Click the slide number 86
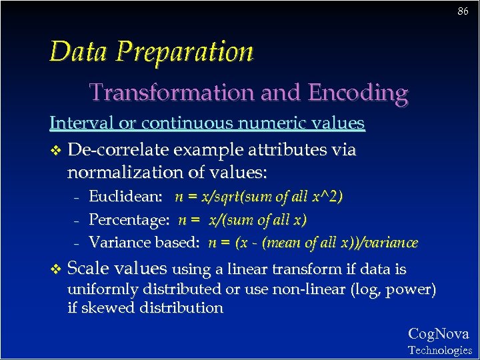[462, 11]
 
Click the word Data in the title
[76, 51]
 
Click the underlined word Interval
[77, 123]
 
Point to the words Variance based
[145, 243]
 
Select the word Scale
[90, 268]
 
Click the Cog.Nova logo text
[438, 334]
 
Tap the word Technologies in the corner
[440, 350]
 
